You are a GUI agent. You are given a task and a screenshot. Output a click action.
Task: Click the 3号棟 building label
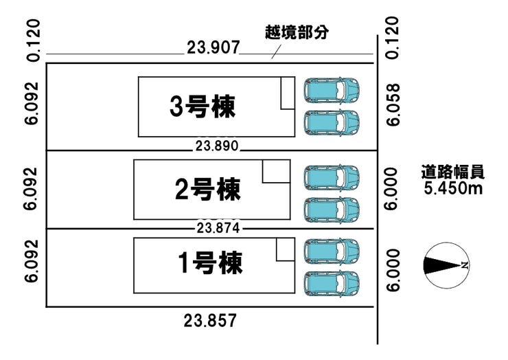click(203, 106)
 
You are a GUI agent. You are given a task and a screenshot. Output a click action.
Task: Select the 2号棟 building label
click(207, 188)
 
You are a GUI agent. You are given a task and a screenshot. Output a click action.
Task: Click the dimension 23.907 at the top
click(212, 48)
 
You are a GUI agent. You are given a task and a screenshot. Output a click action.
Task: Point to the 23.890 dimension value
click(215, 146)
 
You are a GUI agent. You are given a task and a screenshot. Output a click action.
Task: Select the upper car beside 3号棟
click(332, 90)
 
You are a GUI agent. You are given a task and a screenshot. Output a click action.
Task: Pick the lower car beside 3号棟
click(332, 122)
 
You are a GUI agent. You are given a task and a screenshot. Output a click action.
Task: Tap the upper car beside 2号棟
click(332, 177)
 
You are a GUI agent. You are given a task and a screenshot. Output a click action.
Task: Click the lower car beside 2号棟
click(332, 209)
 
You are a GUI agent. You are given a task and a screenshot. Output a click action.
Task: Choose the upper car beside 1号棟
click(332, 250)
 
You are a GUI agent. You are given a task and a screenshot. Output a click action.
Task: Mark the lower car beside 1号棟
click(332, 282)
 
